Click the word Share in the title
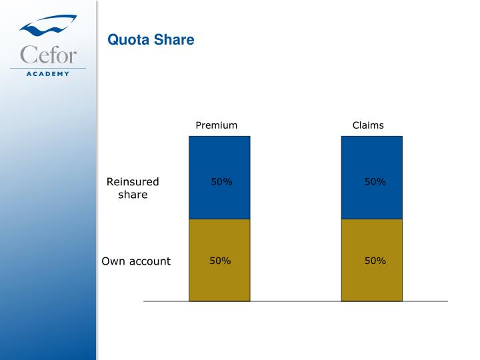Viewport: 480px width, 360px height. [x=173, y=40]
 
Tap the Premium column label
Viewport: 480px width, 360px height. [x=216, y=125]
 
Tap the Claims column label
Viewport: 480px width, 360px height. [x=368, y=125]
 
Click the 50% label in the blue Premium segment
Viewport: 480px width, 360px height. [x=221, y=182]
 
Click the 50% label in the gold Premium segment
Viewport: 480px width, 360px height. [x=220, y=261]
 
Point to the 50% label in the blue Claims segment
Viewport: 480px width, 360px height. [x=375, y=182]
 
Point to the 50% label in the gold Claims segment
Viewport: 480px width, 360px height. [x=375, y=261]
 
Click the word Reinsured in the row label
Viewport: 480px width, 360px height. [x=133, y=182]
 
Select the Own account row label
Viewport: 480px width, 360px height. [x=136, y=261]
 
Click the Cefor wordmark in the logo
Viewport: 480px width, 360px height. [x=48, y=54]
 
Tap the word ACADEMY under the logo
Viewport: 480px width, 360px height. [x=48, y=74]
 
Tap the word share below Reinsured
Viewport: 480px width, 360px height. [x=133, y=195]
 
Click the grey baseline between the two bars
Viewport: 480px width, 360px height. [x=295, y=301]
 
